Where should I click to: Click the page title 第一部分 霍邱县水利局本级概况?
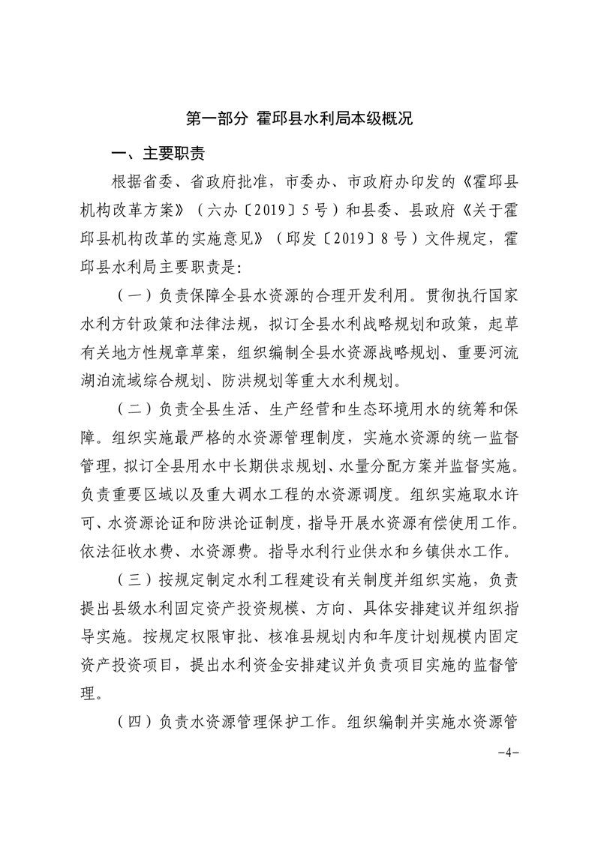point(299,119)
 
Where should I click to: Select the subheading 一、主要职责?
point(158,155)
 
